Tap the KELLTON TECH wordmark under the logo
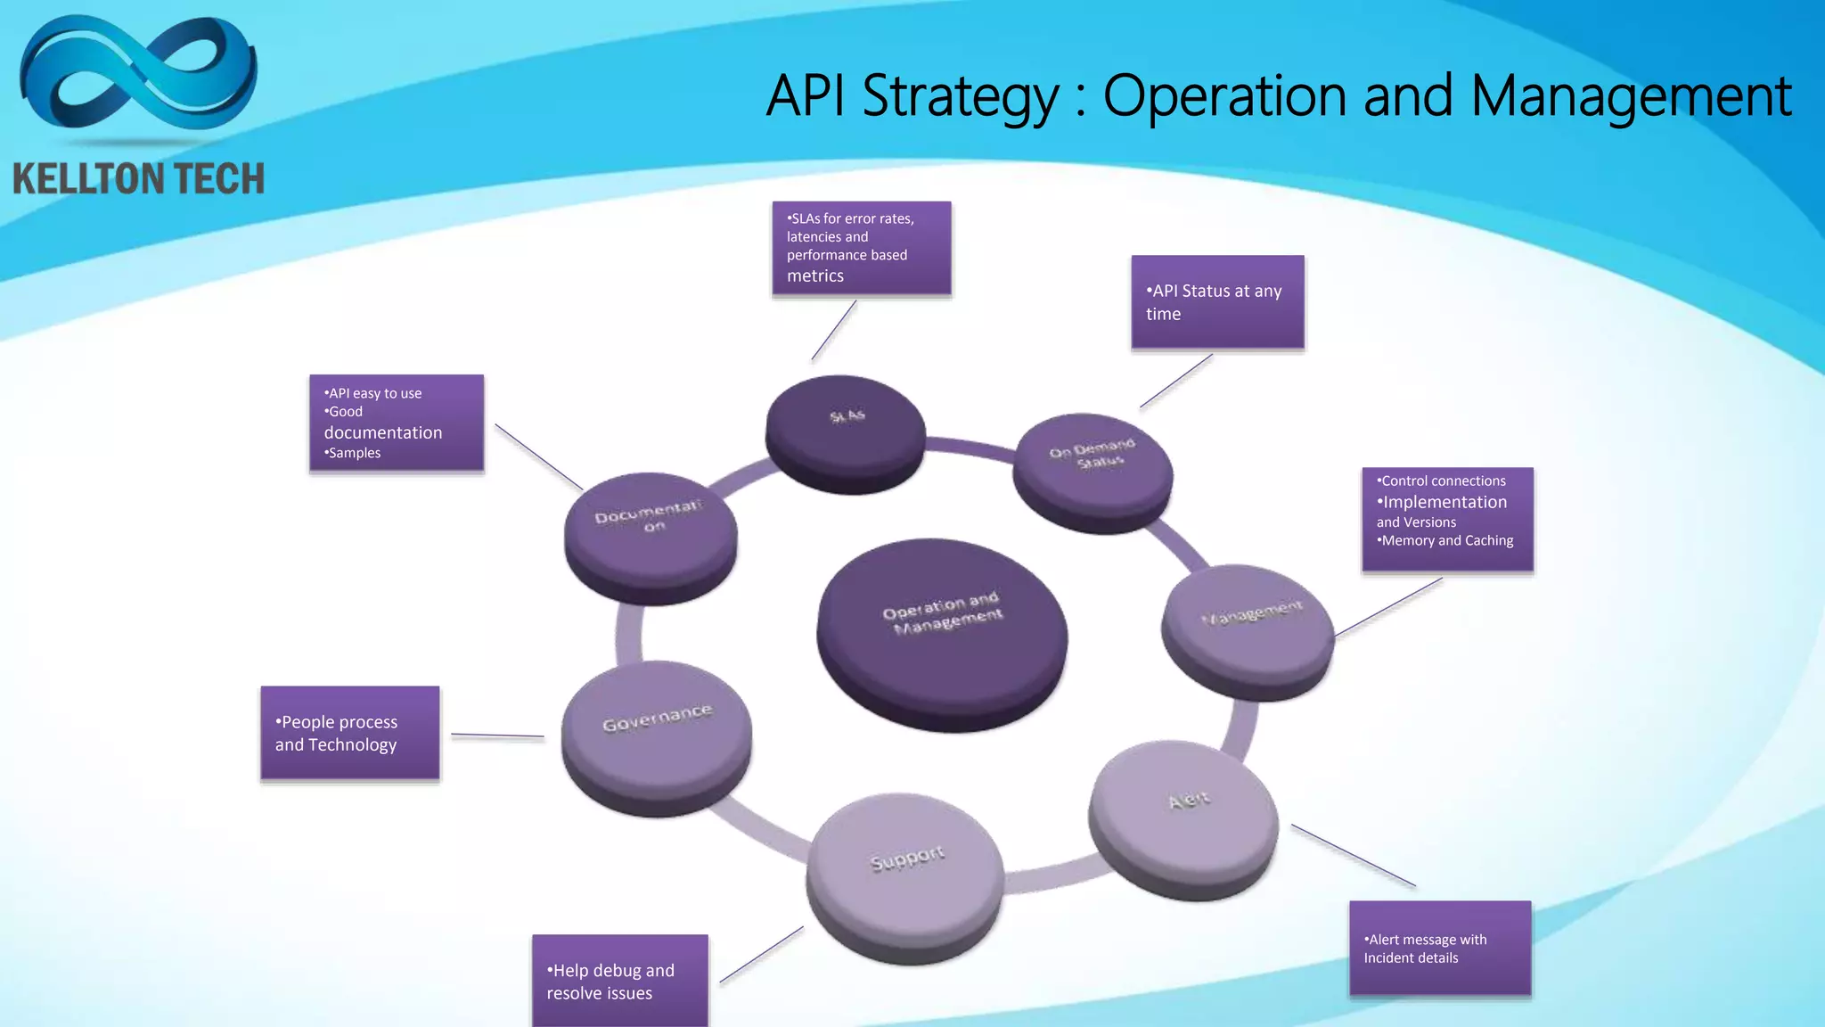[x=138, y=178]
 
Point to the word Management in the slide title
[x=1631, y=96]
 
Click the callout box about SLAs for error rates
[x=861, y=248]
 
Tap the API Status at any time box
[x=1217, y=302]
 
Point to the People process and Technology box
[x=349, y=733]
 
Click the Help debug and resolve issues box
[x=619, y=981]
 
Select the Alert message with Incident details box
[x=1440, y=948]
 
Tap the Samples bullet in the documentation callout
[x=355, y=453]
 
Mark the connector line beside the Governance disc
[x=497, y=735]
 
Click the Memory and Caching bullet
[x=1446, y=540]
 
